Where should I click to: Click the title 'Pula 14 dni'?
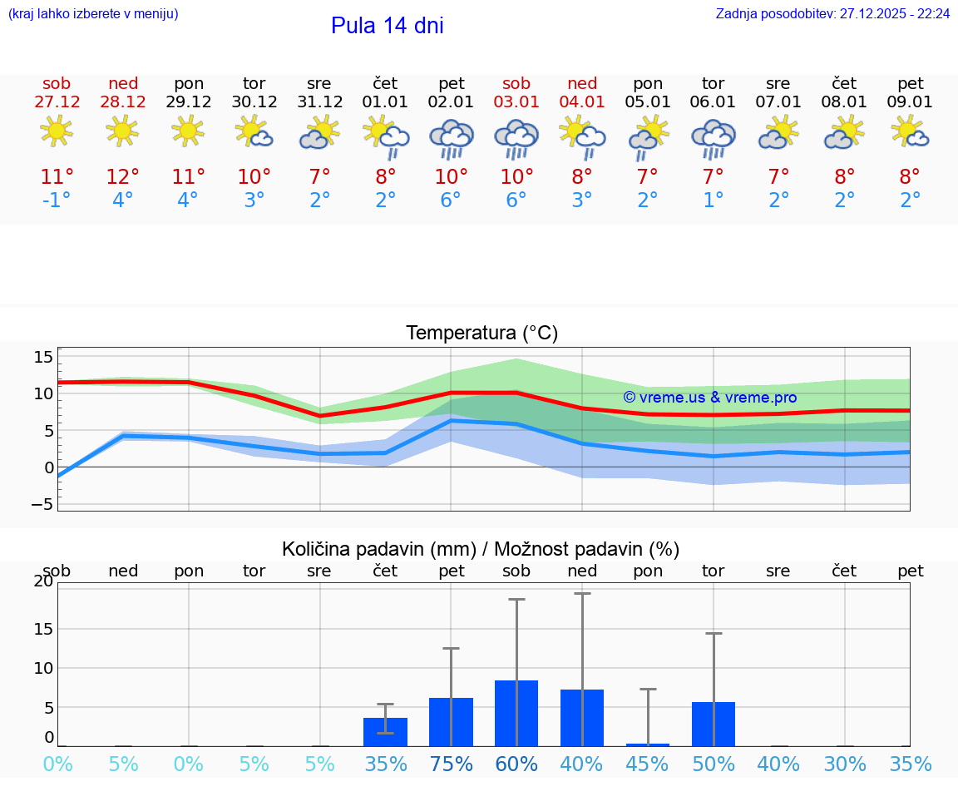tap(387, 26)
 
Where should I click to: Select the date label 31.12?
tap(319, 102)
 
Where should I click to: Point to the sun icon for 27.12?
tap(57, 131)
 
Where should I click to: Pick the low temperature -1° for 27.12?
tap(57, 200)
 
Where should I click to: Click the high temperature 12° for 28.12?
tap(122, 177)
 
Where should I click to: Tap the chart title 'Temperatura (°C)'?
tap(481, 334)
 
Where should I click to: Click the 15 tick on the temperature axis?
tap(43, 357)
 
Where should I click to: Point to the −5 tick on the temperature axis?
tap(42, 504)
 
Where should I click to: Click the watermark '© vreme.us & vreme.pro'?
tap(709, 398)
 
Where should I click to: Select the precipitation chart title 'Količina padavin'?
tap(481, 549)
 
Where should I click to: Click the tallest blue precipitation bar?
tap(516, 713)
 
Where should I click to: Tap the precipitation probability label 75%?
tap(451, 764)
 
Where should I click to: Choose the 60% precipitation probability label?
tap(516, 764)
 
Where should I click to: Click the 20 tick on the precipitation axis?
tap(43, 581)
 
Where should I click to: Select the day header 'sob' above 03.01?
tap(516, 83)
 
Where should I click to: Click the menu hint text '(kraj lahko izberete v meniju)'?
tap(93, 14)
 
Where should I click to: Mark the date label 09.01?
tap(911, 102)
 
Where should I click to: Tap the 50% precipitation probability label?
tap(714, 764)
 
